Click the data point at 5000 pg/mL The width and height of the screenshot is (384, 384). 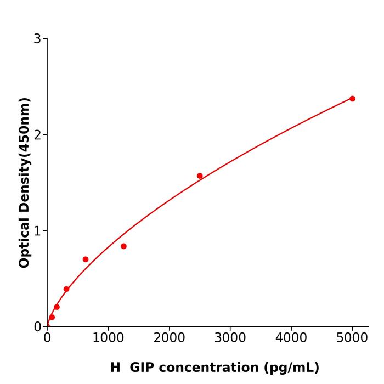(352, 99)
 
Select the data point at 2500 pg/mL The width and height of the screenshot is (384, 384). (200, 176)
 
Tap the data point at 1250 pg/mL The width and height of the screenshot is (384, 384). (123, 246)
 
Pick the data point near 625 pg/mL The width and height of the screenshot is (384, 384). (86, 259)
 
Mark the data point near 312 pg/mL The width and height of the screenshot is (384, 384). (66, 289)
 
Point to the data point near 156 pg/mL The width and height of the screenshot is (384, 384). (57, 307)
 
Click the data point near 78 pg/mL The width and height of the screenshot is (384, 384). (52, 317)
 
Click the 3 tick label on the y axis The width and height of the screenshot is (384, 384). (37, 39)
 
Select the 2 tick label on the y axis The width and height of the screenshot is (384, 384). (37, 135)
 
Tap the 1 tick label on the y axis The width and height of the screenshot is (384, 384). (37, 231)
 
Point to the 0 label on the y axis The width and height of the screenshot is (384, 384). (37, 326)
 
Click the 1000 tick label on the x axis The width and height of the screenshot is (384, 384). (108, 338)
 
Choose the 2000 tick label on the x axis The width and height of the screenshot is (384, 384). (169, 338)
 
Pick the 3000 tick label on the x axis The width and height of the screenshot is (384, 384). (230, 338)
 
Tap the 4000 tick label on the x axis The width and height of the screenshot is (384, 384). (291, 338)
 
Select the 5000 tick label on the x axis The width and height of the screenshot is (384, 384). (352, 338)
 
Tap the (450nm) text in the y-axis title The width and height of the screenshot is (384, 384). (24, 128)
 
